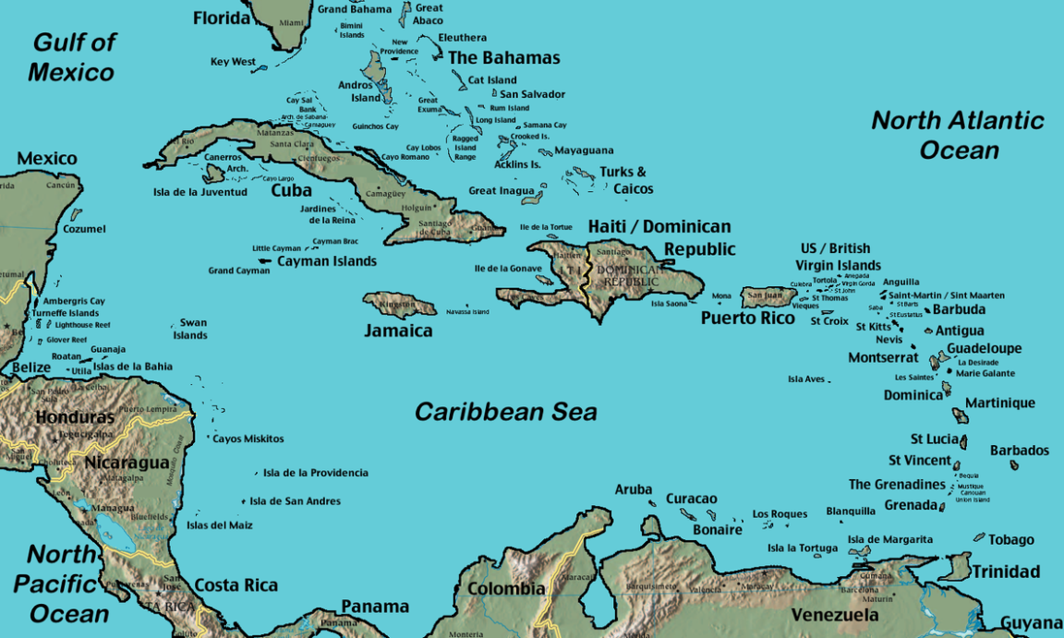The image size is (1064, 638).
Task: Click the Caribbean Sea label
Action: pos(505,412)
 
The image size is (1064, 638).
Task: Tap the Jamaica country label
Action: pos(397,331)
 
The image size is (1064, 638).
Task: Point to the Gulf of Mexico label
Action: pos(72,57)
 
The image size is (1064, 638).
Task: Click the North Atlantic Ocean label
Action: pos(958,135)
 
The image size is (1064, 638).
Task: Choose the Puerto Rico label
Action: pos(747,319)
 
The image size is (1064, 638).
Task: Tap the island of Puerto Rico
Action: pos(767,296)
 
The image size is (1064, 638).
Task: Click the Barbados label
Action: pos(1019,451)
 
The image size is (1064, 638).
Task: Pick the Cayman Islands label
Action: pos(326,261)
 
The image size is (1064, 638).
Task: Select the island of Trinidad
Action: pos(955,565)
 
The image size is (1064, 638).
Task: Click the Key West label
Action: pos(233,62)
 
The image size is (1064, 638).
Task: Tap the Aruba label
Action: pos(634,489)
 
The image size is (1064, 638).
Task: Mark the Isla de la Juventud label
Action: pos(199,192)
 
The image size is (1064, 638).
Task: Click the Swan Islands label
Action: pos(192,329)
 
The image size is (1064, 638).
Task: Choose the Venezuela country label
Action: pos(835,615)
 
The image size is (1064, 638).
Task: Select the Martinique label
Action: pos(999,403)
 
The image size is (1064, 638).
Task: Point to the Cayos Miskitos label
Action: pos(248,439)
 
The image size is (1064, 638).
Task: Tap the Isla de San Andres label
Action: pos(295,501)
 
